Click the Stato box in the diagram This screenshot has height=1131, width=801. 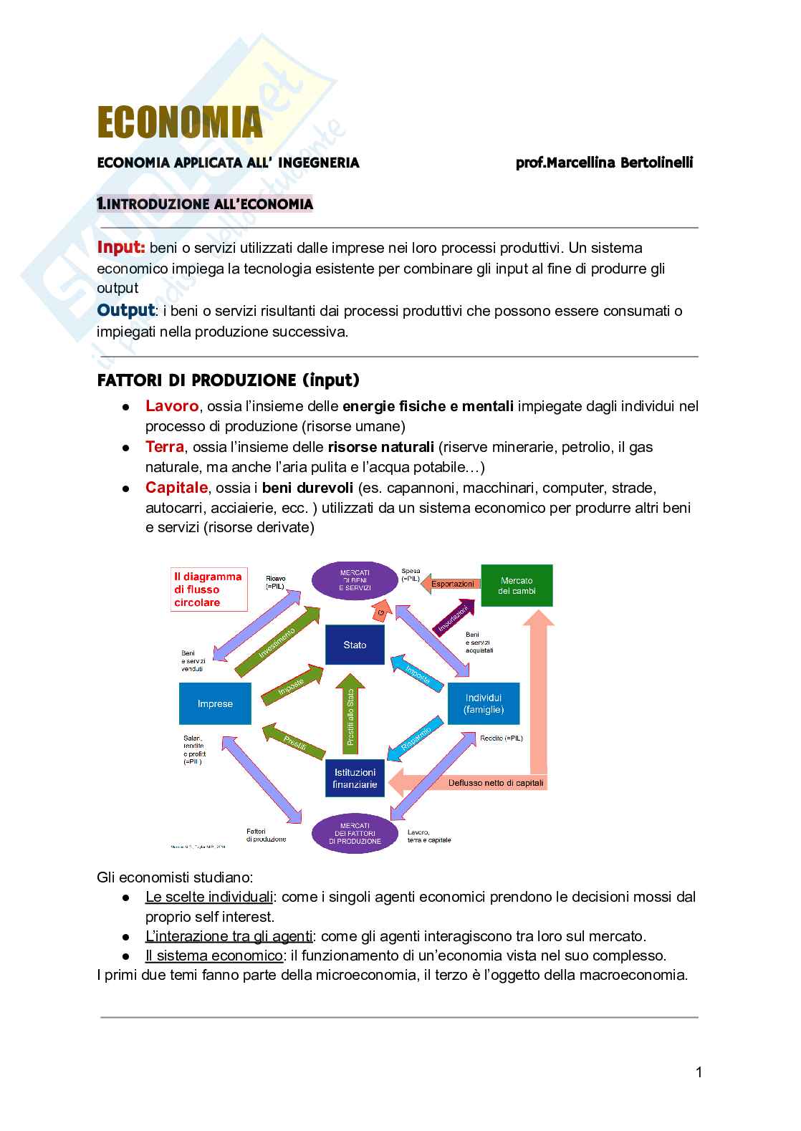(x=355, y=645)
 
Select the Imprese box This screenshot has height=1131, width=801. (x=215, y=703)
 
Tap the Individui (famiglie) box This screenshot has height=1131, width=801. (x=484, y=703)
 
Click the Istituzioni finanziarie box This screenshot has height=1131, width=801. (x=355, y=779)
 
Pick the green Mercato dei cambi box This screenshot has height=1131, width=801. (x=517, y=585)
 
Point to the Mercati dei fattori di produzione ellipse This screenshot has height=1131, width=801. (x=355, y=833)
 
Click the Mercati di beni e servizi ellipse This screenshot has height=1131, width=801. (x=355, y=580)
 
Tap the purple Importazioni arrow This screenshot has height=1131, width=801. (x=454, y=618)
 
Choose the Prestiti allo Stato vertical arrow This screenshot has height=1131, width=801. (x=350, y=716)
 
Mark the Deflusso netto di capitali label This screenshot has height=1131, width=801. (x=496, y=783)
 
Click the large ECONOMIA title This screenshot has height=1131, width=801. (x=180, y=122)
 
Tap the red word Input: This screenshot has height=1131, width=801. (x=121, y=248)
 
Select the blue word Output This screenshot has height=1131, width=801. (x=125, y=310)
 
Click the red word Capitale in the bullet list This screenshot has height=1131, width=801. (x=176, y=488)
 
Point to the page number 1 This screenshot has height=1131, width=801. (x=699, y=1072)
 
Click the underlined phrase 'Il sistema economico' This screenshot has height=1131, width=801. (x=214, y=956)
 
